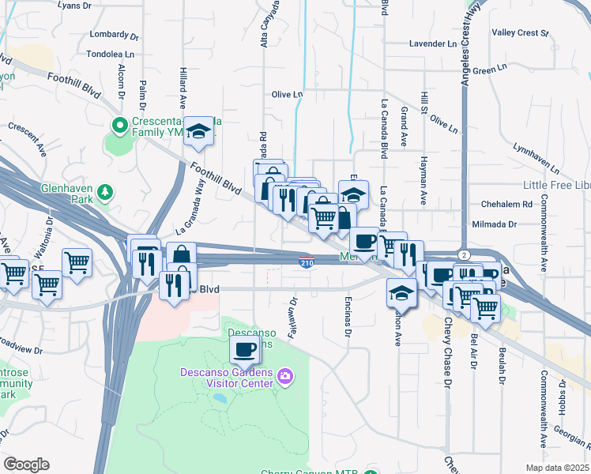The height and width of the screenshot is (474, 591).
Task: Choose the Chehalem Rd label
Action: coord(501,204)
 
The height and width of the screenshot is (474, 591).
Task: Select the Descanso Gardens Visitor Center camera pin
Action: coord(285,379)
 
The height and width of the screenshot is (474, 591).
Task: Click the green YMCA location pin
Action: coord(120,125)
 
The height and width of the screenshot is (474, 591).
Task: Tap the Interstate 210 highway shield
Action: coord(307,261)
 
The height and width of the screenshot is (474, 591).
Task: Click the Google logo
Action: coord(26,465)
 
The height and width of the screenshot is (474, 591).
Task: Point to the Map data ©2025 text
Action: coord(558,468)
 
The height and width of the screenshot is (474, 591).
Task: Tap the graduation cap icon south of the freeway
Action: coord(401,292)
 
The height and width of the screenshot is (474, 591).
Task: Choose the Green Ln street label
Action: coord(490,71)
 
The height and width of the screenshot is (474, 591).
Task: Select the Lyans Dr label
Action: coord(75,5)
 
